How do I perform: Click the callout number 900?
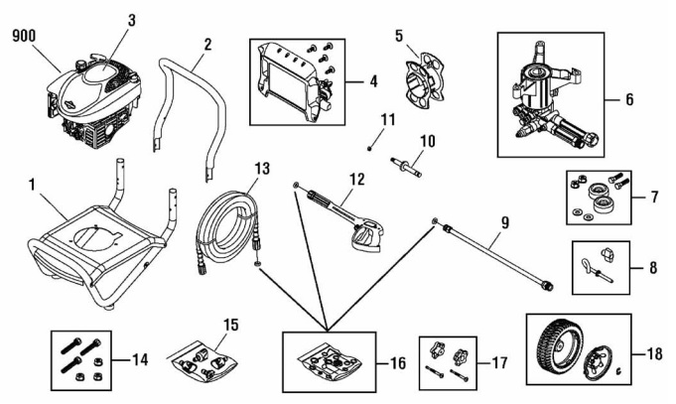[25, 35]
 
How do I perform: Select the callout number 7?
[656, 197]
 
